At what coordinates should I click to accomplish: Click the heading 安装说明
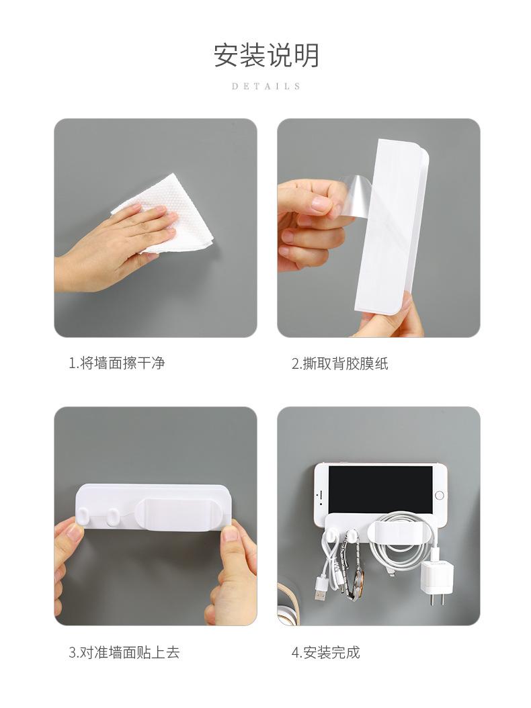(x=266, y=55)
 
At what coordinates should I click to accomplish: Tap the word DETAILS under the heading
(x=266, y=86)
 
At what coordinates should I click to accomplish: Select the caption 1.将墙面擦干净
(x=116, y=363)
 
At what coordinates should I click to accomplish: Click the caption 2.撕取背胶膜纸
(x=340, y=363)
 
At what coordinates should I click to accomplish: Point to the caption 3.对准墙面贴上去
(x=124, y=652)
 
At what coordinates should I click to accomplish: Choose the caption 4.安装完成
(x=326, y=652)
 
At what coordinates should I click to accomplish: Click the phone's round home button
(x=440, y=495)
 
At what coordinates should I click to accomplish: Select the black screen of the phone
(x=380, y=490)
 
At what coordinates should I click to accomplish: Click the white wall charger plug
(x=438, y=581)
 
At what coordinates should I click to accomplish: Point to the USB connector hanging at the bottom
(x=321, y=593)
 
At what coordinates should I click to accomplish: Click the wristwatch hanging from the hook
(x=355, y=570)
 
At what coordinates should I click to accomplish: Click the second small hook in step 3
(x=112, y=516)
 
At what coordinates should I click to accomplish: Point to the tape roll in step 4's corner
(x=289, y=605)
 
